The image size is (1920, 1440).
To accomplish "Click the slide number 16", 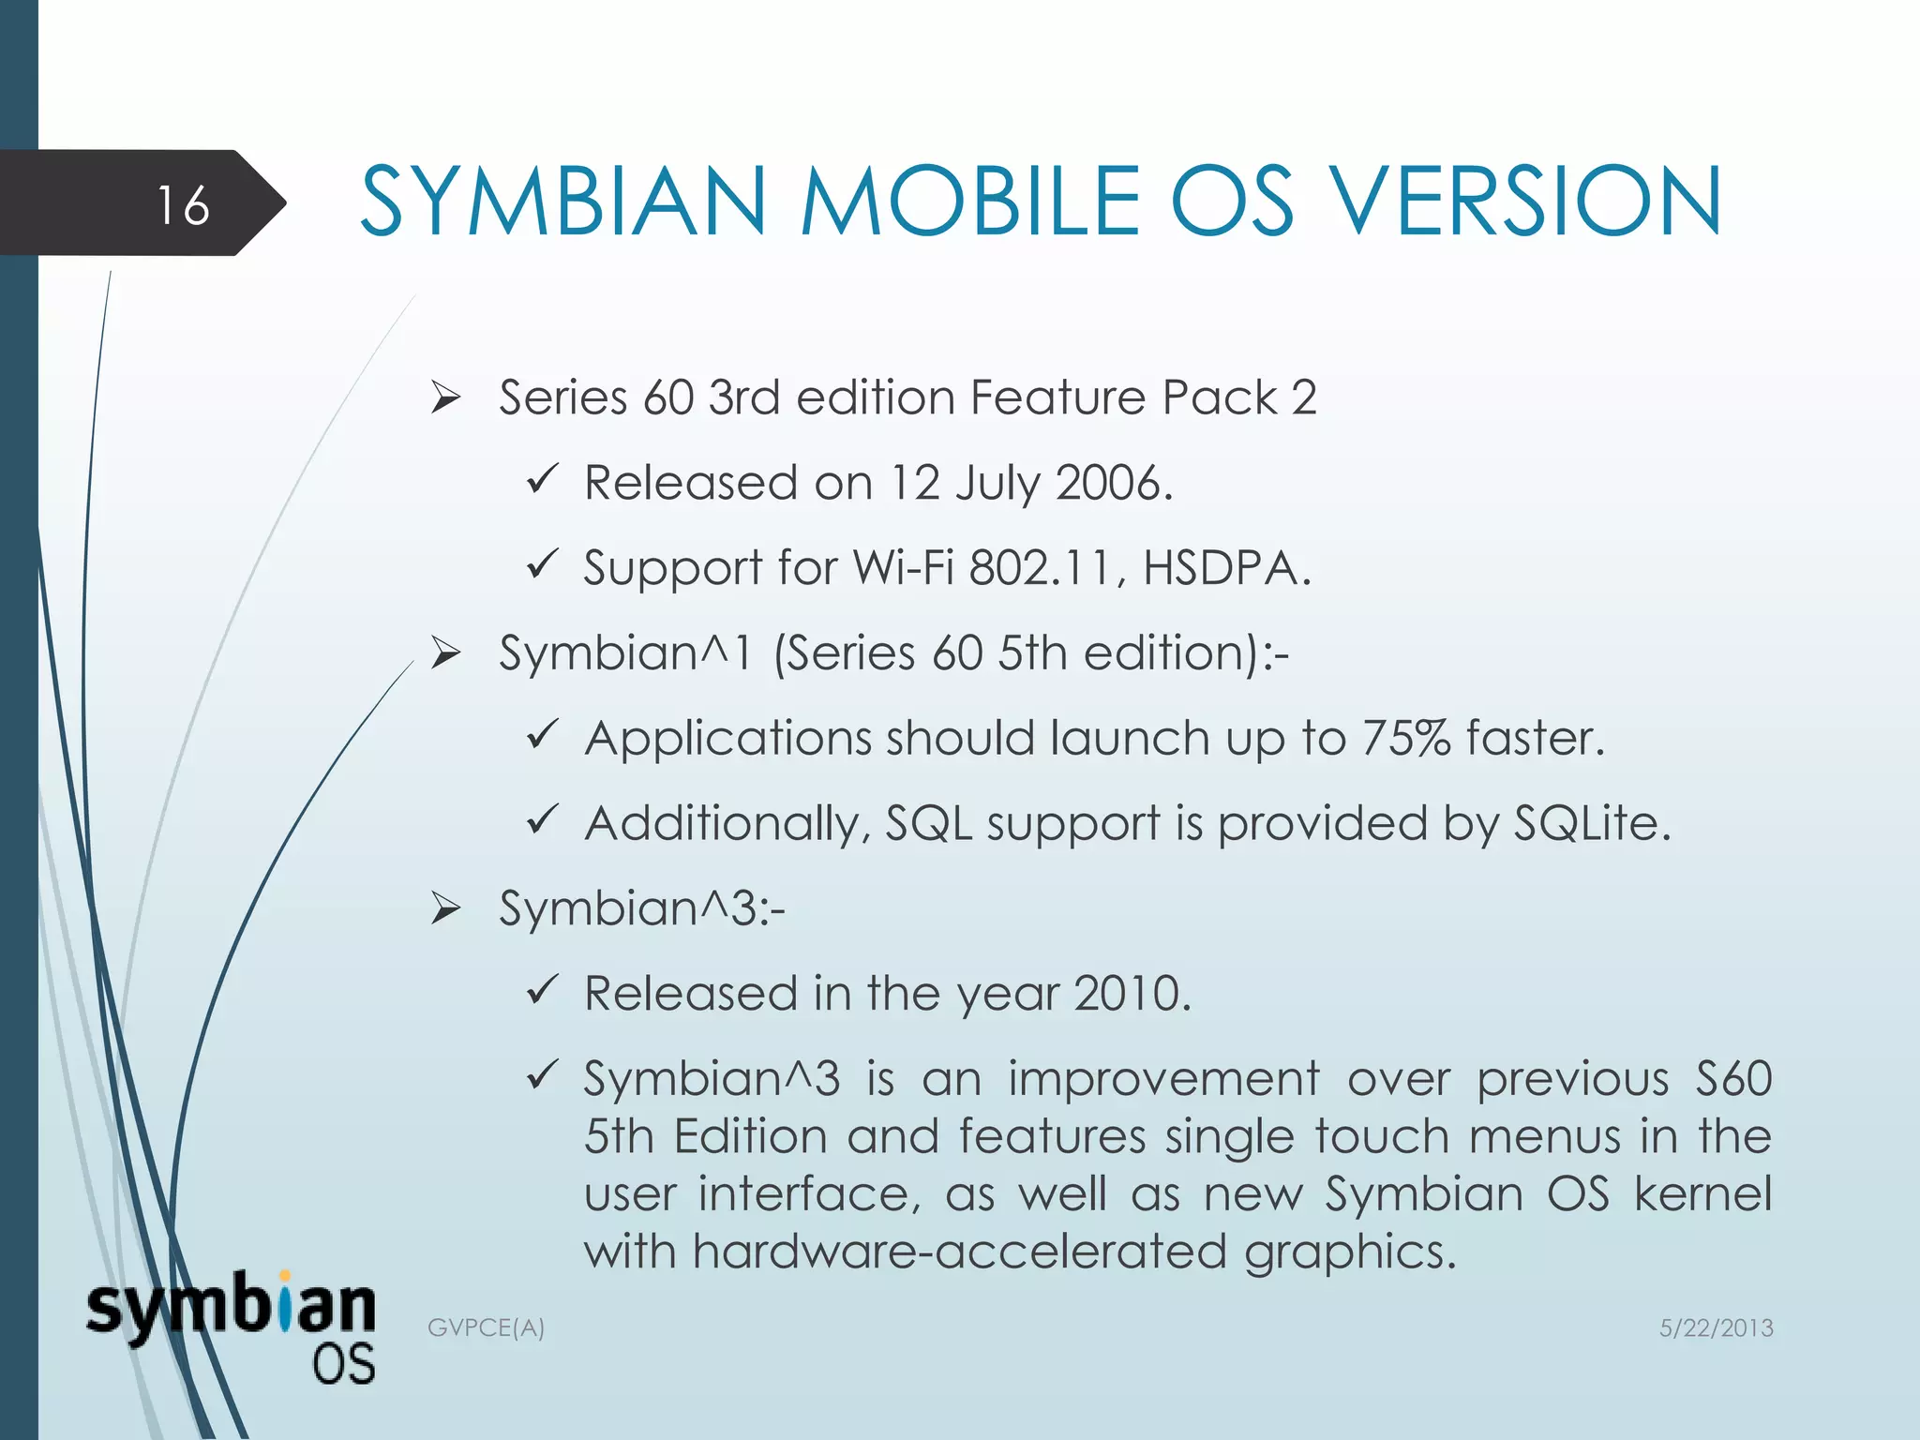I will (183, 205).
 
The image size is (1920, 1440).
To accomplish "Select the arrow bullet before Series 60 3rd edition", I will (445, 398).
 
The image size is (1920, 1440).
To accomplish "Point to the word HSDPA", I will (1224, 568).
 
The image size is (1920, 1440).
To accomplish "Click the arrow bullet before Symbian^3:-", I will (445, 908).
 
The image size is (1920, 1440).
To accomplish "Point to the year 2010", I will (1131, 994).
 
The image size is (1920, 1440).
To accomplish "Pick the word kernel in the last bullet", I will (1702, 1193).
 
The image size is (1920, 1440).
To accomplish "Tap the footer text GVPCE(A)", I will (486, 1327).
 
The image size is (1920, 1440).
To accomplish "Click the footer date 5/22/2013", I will (1716, 1327).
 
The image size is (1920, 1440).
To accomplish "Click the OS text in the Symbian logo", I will (343, 1365).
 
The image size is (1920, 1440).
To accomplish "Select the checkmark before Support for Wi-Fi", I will (543, 564).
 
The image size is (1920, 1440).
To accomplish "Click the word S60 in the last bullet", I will (1733, 1079).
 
